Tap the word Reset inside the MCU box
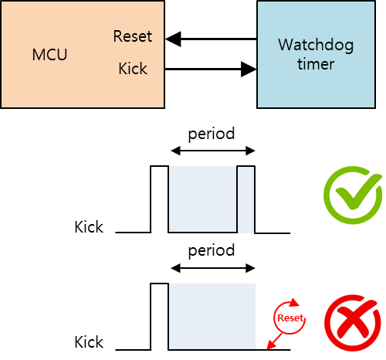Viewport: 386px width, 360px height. point(132,36)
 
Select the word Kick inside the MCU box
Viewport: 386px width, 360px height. point(133,69)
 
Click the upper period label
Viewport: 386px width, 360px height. point(212,133)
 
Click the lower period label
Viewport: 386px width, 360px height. point(212,251)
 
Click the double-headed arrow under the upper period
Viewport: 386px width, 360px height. point(212,151)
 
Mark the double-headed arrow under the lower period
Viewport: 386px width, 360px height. point(212,269)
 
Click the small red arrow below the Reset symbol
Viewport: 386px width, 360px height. point(271,341)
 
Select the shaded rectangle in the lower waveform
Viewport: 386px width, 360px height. point(212,317)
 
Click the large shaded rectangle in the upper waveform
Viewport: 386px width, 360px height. point(202,199)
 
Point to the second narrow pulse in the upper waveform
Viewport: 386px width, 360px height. point(246,199)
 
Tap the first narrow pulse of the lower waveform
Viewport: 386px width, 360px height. point(159,317)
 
